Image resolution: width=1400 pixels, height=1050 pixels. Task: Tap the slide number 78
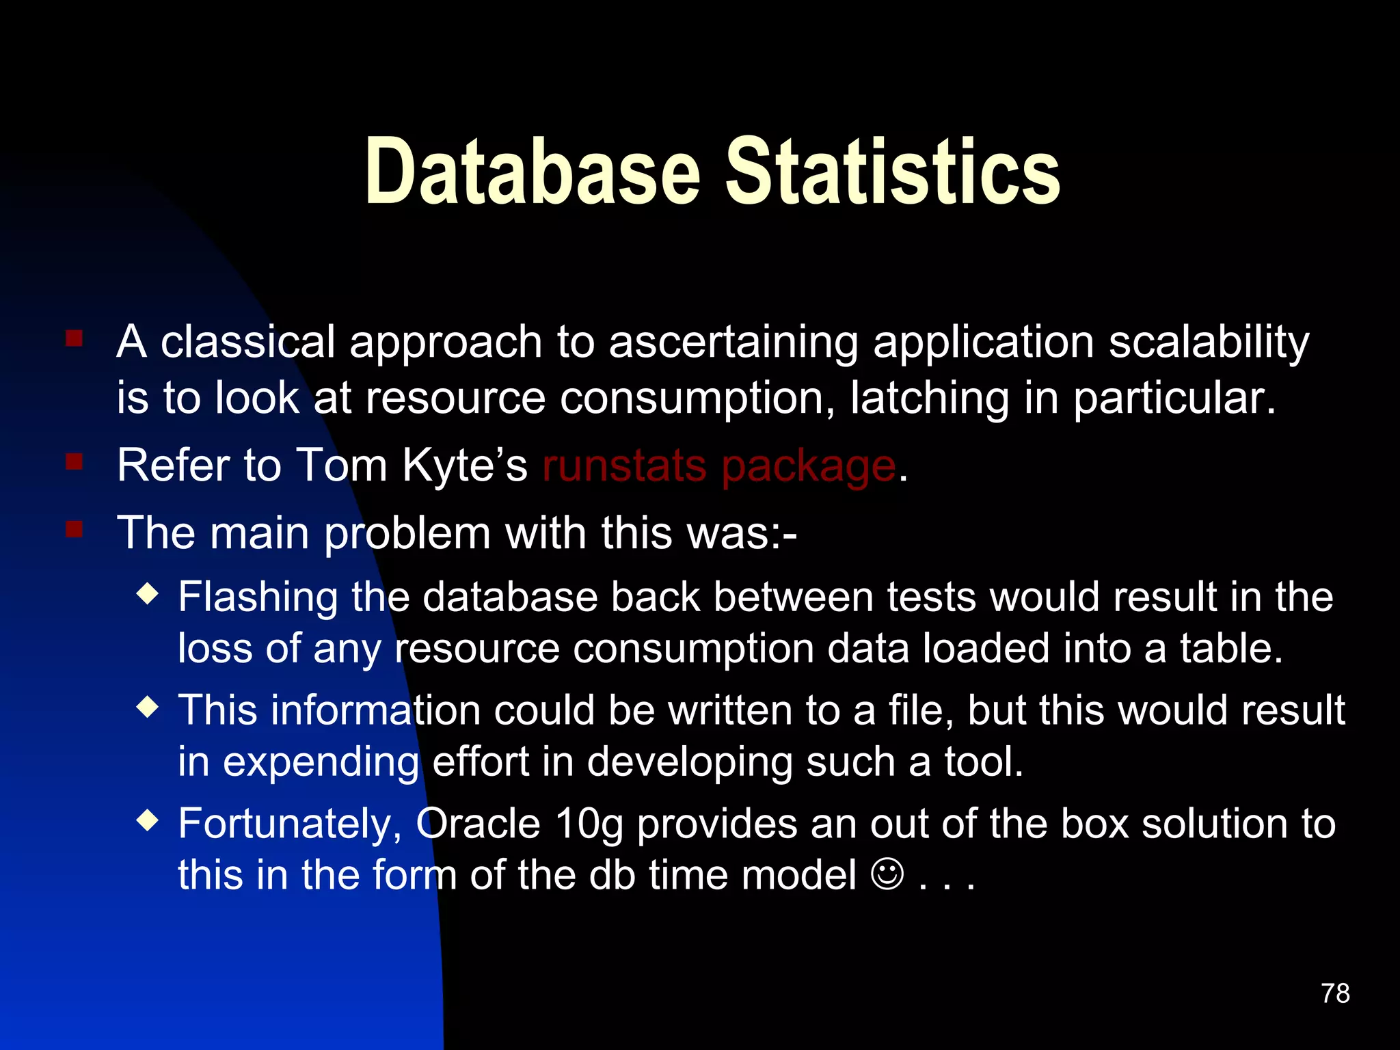[1335, 993]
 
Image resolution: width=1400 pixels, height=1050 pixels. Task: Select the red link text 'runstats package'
[718, 467]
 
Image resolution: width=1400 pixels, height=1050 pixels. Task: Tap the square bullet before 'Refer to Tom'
[75, 463]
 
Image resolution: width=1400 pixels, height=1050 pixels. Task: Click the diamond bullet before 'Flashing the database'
[148, 593]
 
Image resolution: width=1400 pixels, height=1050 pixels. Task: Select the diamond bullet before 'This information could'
[148, 706]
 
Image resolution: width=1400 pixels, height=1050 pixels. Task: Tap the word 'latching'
[929, 399]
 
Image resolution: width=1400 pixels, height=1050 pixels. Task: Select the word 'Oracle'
[479, 824]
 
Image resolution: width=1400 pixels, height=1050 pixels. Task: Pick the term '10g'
[589, 825]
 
